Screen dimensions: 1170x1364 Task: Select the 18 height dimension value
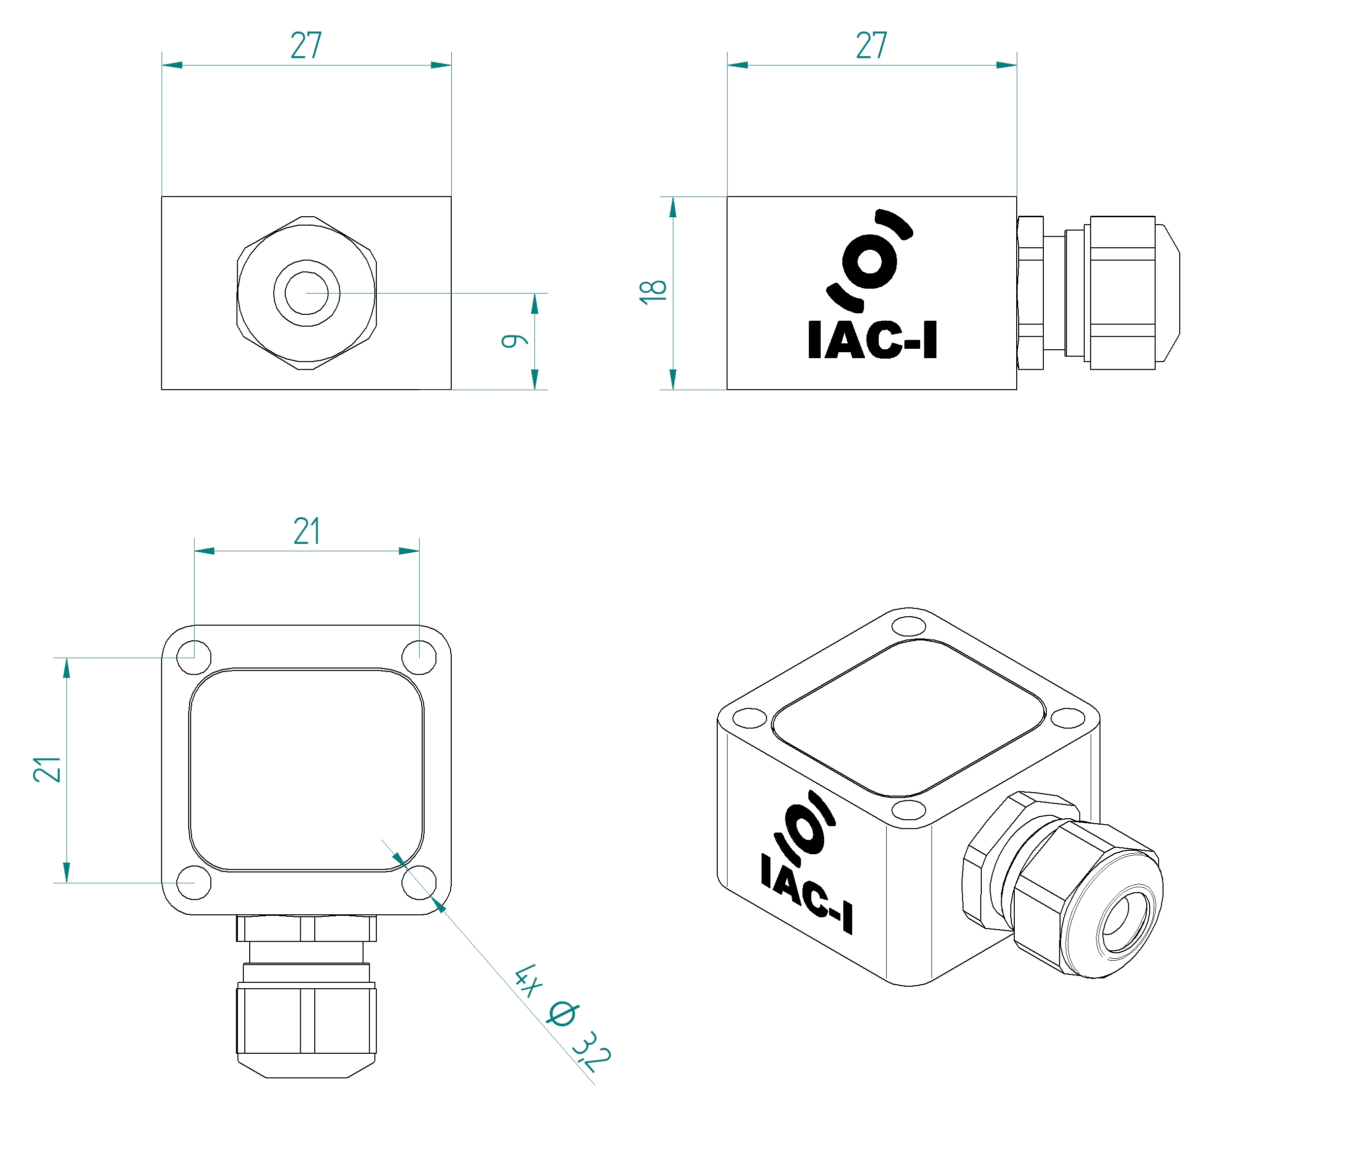point(653,292)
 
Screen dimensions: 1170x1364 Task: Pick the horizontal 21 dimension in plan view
point(307,532)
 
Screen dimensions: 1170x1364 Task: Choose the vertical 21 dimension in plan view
point(47,769)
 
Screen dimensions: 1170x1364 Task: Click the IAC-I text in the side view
point(872,340)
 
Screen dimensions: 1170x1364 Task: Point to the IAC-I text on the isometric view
point(807,894)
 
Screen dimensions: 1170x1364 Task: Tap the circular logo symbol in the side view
point(869,261)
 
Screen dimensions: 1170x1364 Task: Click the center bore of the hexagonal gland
point(306,293)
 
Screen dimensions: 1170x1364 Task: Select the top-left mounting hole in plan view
point(194,657)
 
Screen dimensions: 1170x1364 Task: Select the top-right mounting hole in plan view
point(419,657)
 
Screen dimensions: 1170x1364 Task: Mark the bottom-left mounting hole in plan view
point(194,882)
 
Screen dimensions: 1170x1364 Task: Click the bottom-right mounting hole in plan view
point(419,882)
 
